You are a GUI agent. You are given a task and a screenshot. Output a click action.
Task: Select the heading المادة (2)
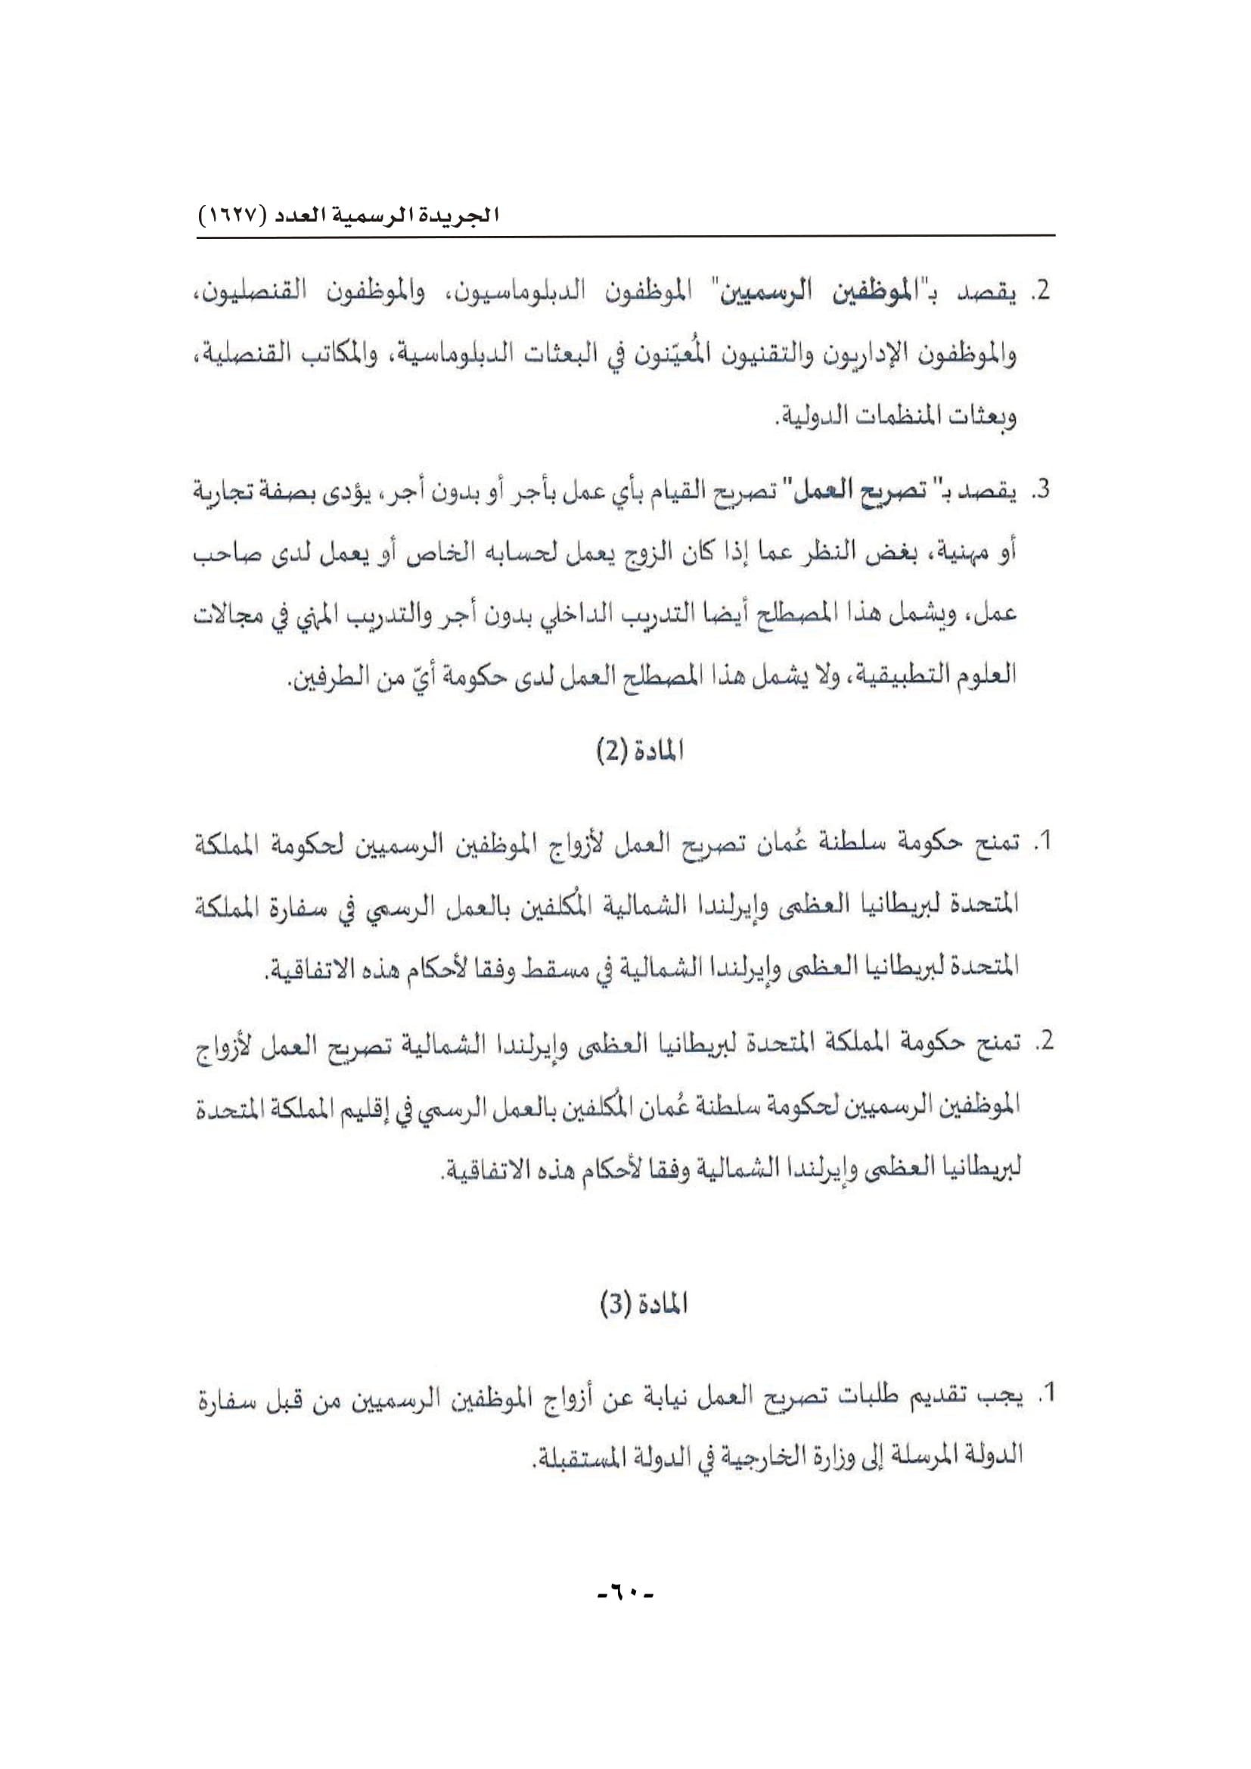[x=641, y=751]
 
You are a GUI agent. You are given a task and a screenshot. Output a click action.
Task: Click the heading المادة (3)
[x=643, y=1305]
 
